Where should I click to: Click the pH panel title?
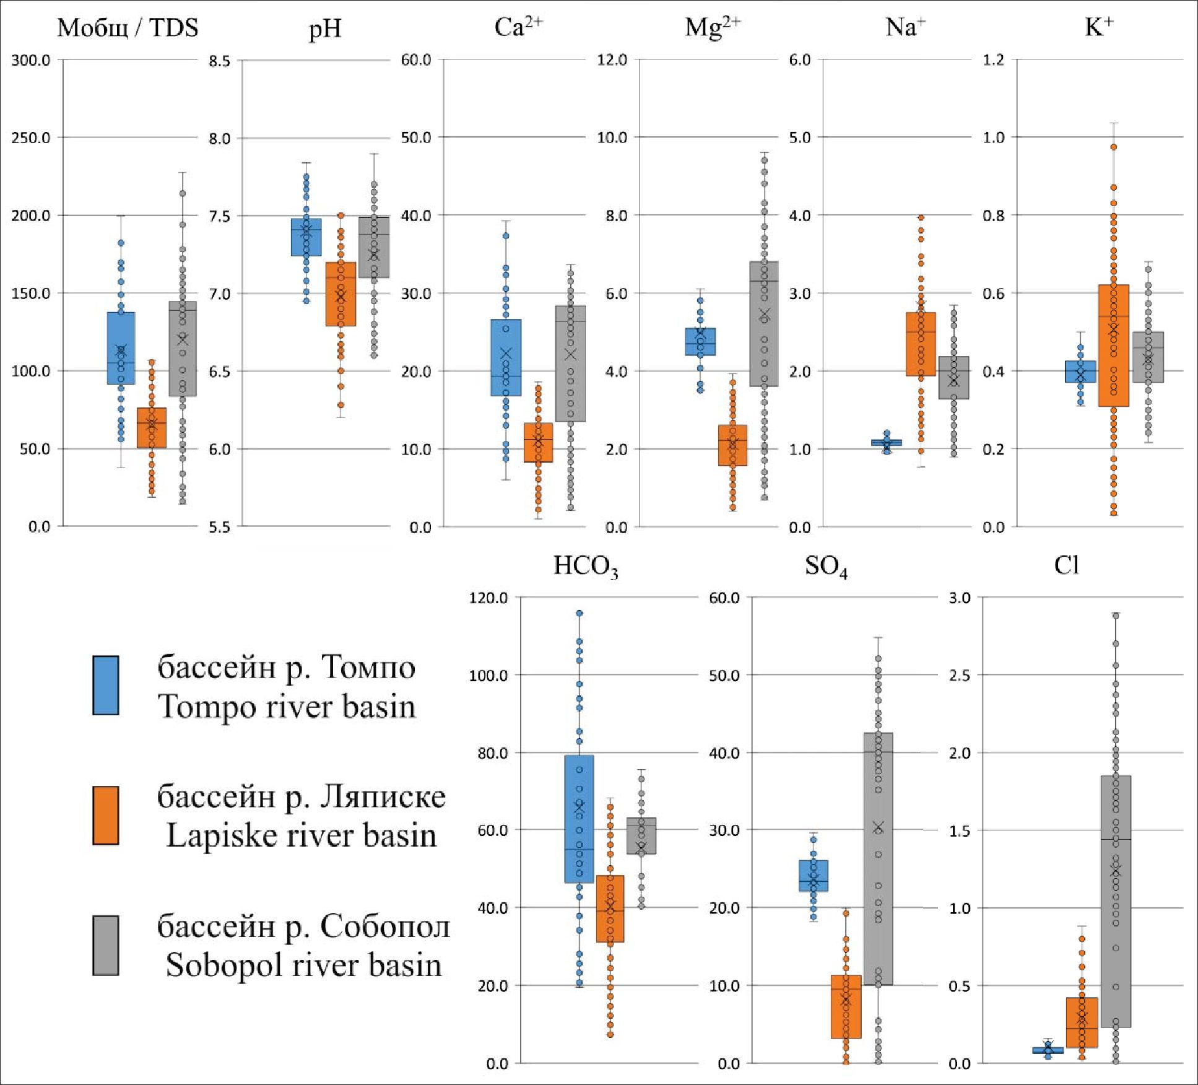(x=325, y=29)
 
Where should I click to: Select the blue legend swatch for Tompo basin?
(x=106, y=685)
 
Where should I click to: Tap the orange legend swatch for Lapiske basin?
(x=106, y=815)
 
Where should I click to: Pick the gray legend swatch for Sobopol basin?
(x=106, y=945)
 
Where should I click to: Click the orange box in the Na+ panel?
(x=921, y=344)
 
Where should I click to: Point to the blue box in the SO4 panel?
(x=814, y=876)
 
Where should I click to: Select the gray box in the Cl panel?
(x=1116, y=901)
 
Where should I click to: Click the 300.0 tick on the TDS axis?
(x=31, y=60)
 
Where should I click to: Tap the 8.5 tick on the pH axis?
(x=219, y=61)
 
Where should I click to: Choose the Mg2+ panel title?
(x=712, y=28)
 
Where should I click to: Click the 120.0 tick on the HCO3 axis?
(x=488, y=598)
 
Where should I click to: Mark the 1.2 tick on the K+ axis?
(x=994, y=60)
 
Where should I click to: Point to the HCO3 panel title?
(x=586, y=566)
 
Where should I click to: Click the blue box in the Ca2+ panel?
(x=506, y=357)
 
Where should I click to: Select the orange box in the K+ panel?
(x=1113, y=345)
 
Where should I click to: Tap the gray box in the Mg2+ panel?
(x=764, y=323)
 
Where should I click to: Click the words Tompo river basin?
(x=287, y=707)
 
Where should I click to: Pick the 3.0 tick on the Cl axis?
(x=960, y=598)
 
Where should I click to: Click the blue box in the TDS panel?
(x=121, y=348)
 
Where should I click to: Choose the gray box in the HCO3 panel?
(x=641, y=835)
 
